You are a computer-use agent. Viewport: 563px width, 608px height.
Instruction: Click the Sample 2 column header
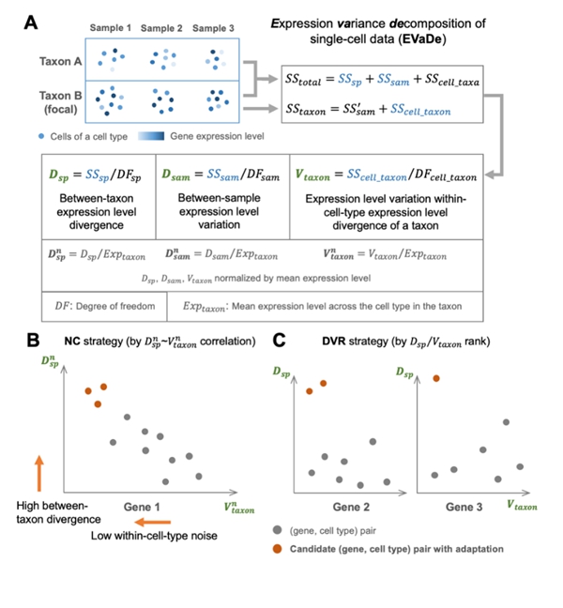point(161,28)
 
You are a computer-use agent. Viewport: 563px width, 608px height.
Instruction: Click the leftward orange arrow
point(150,521)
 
